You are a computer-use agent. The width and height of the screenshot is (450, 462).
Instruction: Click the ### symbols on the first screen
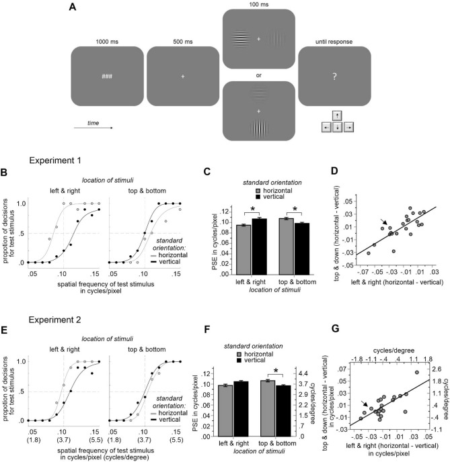point(107,77)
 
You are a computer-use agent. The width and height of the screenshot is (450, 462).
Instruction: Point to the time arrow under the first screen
point(93,125)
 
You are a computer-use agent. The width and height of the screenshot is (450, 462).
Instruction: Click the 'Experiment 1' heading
point(60,162)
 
